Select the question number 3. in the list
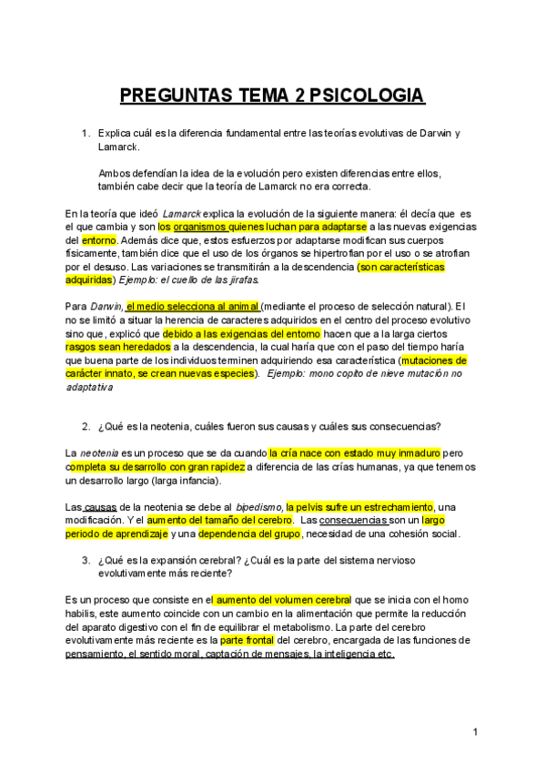point(86,561)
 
